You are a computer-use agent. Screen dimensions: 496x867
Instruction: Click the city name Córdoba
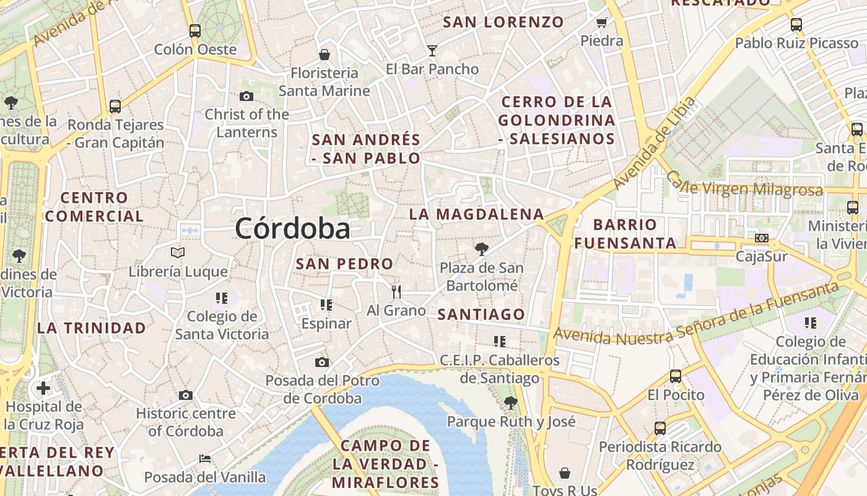292,229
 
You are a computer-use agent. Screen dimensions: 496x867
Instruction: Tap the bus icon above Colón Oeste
195,30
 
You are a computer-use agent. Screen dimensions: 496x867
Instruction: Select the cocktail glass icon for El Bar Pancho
432,50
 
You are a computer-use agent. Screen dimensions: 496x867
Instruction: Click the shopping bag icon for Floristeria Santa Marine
324,55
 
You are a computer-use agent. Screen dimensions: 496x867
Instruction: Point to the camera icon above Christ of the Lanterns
246,96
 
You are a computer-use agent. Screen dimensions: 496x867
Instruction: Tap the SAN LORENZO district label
503,22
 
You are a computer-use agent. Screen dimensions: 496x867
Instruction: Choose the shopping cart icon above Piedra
601,23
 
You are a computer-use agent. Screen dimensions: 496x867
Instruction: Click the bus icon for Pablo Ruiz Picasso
796,25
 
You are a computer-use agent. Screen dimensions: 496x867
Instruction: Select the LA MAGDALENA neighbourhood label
476,215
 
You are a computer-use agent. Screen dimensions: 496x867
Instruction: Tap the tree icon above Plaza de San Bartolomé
481,249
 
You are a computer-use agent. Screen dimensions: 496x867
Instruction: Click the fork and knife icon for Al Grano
396,291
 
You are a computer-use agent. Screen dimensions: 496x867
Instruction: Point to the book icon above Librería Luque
178,252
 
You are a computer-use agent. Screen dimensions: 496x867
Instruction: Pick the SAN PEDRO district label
344,264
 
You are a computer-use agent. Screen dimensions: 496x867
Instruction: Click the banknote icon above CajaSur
762,238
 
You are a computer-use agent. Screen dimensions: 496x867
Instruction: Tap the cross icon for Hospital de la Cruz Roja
43,389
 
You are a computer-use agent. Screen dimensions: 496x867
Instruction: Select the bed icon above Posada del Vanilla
205,459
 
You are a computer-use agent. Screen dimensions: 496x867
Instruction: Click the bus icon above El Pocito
676,376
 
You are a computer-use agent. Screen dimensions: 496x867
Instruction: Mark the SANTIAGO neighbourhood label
481,314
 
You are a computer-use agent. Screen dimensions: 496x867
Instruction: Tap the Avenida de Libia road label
654,143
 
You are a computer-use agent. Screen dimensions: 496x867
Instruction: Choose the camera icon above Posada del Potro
322,362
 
